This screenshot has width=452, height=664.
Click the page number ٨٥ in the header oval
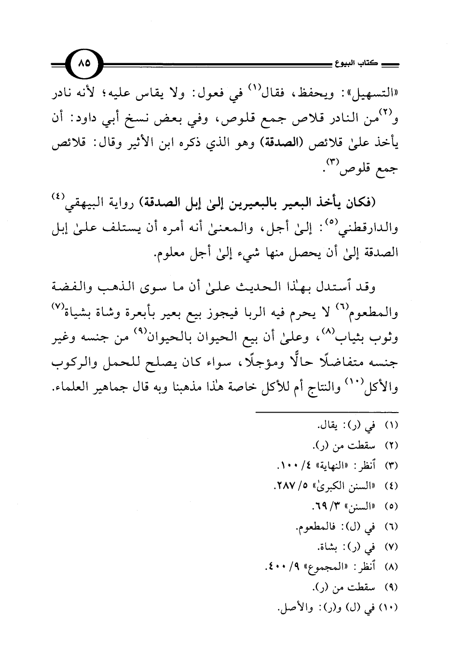pyautogui.click(x=85, y=63)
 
